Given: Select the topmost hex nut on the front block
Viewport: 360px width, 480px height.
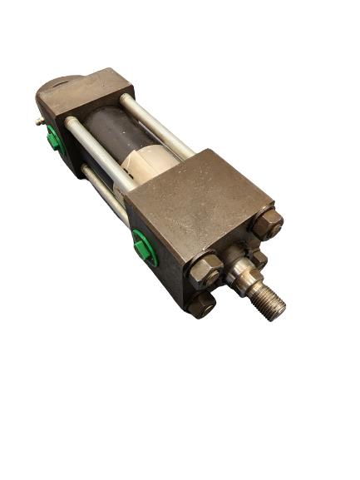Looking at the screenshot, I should [268, 223].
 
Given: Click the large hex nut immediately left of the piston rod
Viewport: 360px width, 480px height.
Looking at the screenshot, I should [205, 270].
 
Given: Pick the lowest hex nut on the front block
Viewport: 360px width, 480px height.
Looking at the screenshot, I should [202, 305].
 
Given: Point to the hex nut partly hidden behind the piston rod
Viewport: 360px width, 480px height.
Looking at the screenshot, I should [258, 258].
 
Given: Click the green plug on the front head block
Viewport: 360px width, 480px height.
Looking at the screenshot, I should [145, 248].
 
